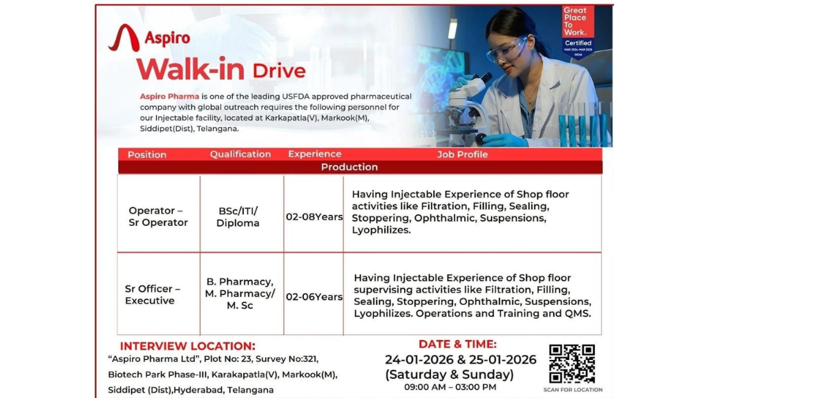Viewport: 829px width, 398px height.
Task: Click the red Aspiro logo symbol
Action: point(124,39)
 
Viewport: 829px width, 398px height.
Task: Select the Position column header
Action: point(146,155)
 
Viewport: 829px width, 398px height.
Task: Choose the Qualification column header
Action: point(240,154)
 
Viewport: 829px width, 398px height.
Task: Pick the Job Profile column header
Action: point(462,154)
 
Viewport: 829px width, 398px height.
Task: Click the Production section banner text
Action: point(350,167)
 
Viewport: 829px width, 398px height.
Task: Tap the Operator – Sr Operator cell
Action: point(158,216)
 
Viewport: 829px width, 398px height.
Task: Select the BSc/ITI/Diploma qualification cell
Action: point(238,217)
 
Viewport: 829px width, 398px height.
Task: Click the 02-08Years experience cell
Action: point(314,217)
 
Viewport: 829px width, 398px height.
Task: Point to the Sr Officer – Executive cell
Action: point(152,294)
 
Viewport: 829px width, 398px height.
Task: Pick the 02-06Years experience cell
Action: point(314,296)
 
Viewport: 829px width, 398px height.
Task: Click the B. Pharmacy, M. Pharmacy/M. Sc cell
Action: point(240,294)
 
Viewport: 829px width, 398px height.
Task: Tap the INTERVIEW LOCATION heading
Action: point(188,346)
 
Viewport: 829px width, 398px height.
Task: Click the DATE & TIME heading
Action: point(457,344)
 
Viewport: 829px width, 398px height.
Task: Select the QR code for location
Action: point(572,363)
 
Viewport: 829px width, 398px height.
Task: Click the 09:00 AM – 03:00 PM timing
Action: point(450,387)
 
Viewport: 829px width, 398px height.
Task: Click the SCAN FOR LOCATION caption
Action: point(573,390)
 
